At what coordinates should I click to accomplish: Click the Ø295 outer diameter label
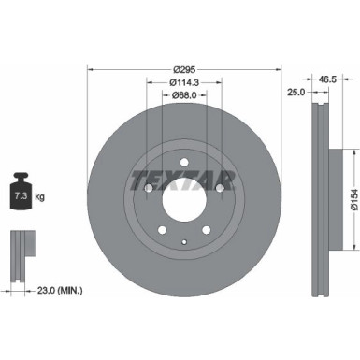(184, 70)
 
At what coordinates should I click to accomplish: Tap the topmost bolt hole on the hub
(184, 160)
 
